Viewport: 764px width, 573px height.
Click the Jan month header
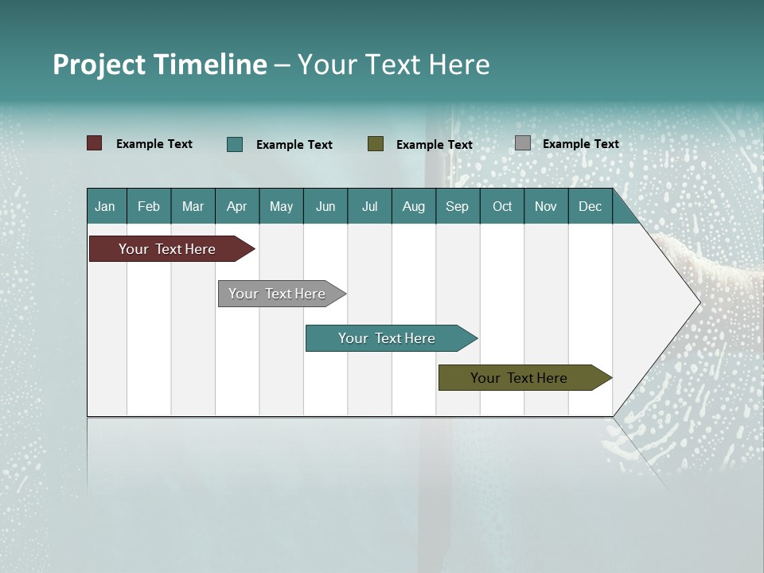pyautogui.click(x=105, y=207)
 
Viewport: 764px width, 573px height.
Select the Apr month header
pyautogui.click(x=236, y=207)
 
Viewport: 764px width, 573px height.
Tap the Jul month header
pyautogui.click(x=369, y=207)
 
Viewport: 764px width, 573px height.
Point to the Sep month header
pyautogui.click(x=457, y=207)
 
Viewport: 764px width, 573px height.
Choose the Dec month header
pyautogui.click(x=590, y=207)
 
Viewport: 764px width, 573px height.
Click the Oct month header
pyautogui.click(x=502, y=207)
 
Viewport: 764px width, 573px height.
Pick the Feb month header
pyautogui.click(x=149, y=207)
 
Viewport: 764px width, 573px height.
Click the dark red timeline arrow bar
pyautogui.click(x=167, y=249)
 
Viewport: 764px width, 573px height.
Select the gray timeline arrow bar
pyautogui.click(x=277, y=294)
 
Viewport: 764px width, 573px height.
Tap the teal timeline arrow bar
pyautogui.click(x=387, y=338)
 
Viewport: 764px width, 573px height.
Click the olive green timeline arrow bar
pyautogui.click(x=519, y=378)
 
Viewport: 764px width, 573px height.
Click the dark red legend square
pyautogui.click(x=95, y=143)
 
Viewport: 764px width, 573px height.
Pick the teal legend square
pyautogui.click(x=235, y=144)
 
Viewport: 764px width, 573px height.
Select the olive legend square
pyautogui.click(x=376, y=144)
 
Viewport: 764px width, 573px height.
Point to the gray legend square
pyautogui.click(x=523, y=143)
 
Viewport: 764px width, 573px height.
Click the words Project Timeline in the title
pyautogui.click(x=159, y=64)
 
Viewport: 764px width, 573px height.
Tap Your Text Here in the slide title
pyautogui.click(x=393, y=64)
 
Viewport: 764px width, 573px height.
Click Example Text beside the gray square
pyautogui.click(x=580, y=144)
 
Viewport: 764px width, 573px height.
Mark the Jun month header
pyautogui.click(x=325, y=207)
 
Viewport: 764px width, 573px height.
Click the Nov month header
pyautogui.click(x=546, y=207)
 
